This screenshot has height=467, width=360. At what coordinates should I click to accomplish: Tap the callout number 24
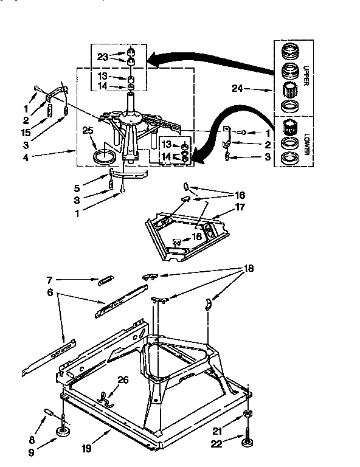coord(238,89)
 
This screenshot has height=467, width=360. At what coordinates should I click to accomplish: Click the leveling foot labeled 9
coord(63,432)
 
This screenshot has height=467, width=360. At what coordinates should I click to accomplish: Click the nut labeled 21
coord(248,414)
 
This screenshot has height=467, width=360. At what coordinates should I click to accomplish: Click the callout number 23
coord(103,57)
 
